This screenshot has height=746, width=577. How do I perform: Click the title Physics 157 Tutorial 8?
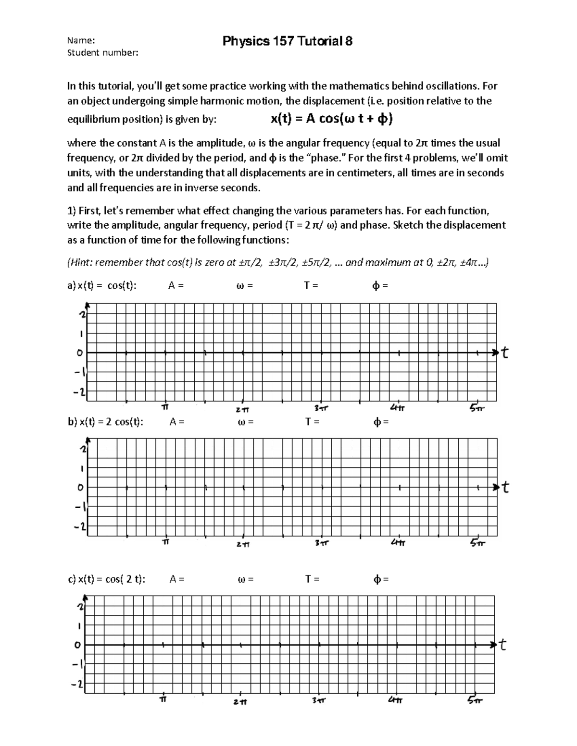coord(287,41)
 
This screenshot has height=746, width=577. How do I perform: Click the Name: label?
coord(81,40)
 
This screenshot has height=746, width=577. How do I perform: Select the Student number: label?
coord(102,52)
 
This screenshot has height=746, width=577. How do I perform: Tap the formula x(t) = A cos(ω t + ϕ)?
coord(331,118)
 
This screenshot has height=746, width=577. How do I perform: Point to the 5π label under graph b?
coord(478,543)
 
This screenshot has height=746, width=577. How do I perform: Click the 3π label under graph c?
coord(319,701)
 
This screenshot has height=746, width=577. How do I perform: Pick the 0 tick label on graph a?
coord(80,353)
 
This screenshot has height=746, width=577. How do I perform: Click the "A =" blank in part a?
coord(176,286)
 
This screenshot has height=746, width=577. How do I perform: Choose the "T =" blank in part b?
coord(313,422)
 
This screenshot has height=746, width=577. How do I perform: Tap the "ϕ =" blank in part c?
coord(381,579)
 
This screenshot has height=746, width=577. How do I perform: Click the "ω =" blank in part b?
coord(245,422)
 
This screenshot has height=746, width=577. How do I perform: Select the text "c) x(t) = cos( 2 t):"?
coord(106,579)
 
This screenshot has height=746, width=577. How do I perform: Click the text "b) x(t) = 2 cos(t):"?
coord(105,422)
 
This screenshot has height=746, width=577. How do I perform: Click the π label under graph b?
coord(166,542)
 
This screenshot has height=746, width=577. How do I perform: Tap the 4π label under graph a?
coord(398,408)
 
